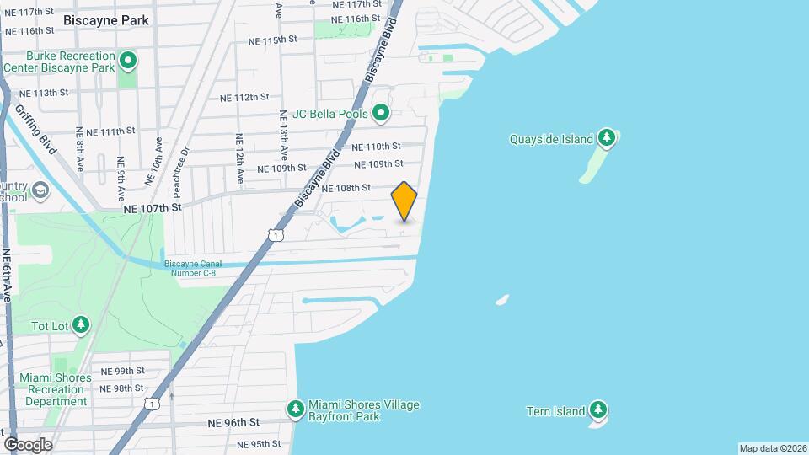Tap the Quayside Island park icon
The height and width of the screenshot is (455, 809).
(606, 137)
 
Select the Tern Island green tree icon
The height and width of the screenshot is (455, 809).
(598, 409)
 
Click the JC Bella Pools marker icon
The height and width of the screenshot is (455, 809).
(381, 112)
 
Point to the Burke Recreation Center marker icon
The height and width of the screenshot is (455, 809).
(128, 60)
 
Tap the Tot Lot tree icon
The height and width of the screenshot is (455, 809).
(81, 324)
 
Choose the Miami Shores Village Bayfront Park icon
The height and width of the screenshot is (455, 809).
(295, 408)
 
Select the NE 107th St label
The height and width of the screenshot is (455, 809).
(153, 206)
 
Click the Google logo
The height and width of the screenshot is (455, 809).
(28, 444)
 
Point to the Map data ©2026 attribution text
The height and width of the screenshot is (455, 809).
(772, 448)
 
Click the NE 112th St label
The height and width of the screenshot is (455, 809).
(244, 98)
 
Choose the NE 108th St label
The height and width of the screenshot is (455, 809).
(346, 188)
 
